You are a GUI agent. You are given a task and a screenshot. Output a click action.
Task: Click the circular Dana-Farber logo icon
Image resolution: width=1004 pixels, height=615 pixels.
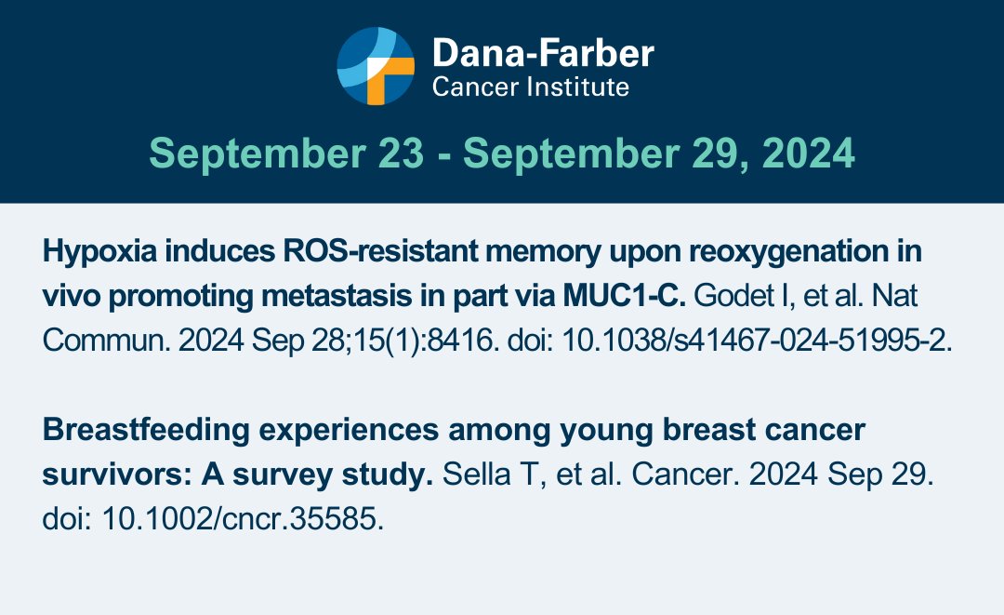tap(376, 66)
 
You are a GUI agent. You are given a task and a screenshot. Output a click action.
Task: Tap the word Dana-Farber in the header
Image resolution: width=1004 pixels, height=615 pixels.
tap(543, 52)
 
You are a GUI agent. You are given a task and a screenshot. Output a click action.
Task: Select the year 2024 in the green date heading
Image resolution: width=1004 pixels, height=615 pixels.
tap(808, 154)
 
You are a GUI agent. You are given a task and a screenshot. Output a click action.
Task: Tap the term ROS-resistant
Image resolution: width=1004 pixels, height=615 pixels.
tap(380, 251)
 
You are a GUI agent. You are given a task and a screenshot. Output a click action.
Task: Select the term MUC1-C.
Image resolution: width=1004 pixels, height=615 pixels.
tap(625, 296)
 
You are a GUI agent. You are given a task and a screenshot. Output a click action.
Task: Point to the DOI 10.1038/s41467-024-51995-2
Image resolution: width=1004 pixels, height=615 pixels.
tap(756, 341)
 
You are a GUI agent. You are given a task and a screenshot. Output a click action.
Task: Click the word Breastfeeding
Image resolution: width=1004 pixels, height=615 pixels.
tap(146, 431)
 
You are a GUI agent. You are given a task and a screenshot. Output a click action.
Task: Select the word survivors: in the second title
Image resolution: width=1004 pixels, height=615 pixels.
tap(117, 475)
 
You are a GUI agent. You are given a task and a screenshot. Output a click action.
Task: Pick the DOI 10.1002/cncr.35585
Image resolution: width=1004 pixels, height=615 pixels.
tap(243, 519)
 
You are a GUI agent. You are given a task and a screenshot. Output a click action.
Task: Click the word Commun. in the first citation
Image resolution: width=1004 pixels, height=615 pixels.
tap(106, 341)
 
